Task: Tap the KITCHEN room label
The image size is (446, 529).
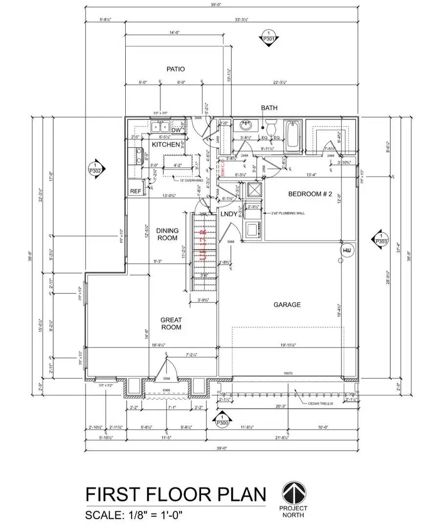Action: (166, 145)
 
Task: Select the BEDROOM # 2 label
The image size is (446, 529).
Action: (310, 194)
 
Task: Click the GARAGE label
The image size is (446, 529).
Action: (287, 305)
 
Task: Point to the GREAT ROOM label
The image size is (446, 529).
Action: (171, 324)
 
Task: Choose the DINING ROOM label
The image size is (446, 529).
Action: (167, 234)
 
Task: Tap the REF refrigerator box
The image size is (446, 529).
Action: (135, 192)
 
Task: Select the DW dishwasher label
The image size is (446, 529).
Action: (162, 130)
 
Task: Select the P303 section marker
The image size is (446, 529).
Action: (380, 238)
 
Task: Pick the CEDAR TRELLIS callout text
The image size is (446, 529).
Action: (321, 403)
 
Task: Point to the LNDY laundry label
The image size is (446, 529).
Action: (228, 215)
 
